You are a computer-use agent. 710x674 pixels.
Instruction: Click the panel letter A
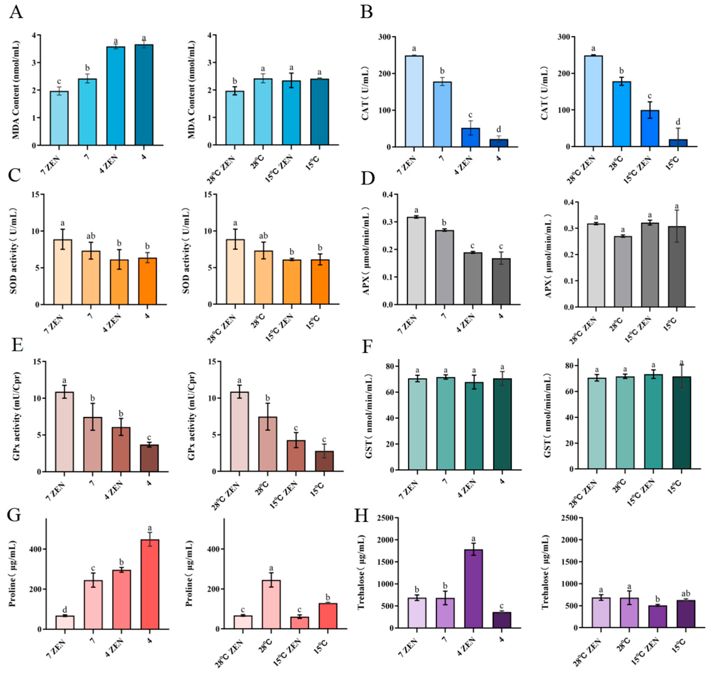pyautogui.click(x=16, y=13)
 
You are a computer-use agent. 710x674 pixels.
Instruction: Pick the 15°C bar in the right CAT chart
pyautogui.click(x=678, y=143)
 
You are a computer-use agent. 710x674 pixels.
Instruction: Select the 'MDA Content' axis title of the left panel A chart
pyautogui.click(x=16, y=90)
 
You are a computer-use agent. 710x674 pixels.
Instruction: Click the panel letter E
pyautogui.click(x=16, y=345)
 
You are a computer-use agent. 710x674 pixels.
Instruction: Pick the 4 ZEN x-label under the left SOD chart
pyautogui.click(x=112, y=323)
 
